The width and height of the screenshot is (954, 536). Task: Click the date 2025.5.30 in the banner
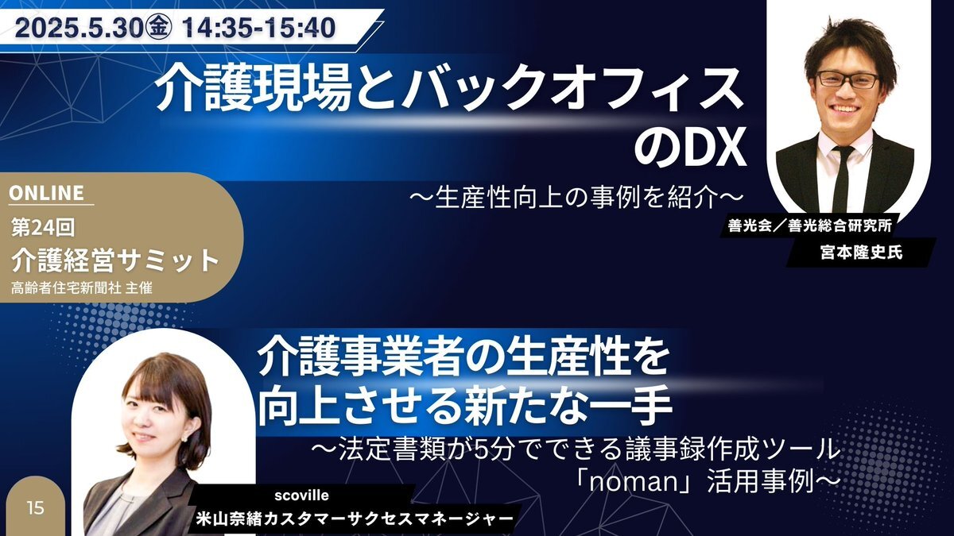[x=78, y=29]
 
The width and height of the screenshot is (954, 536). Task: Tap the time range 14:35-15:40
[x=258, y=29]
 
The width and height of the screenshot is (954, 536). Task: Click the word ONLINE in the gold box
[x=46, y=193]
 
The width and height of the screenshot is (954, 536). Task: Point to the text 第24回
[x=43, y=228]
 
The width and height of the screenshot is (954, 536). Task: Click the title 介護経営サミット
[x=115, y=260]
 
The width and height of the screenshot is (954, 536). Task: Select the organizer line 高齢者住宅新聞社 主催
[x=81, y=288]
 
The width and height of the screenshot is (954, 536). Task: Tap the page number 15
[x=35, y=508]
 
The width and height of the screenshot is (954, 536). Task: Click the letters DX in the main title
[x=715, y=151]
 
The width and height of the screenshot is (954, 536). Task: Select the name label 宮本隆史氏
[x=861, y=253]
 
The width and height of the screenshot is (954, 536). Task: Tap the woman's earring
[x=184, y=438]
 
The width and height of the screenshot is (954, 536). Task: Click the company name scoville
[x=301, y=496]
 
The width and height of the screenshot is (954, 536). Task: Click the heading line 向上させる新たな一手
[x=465, y=407]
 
